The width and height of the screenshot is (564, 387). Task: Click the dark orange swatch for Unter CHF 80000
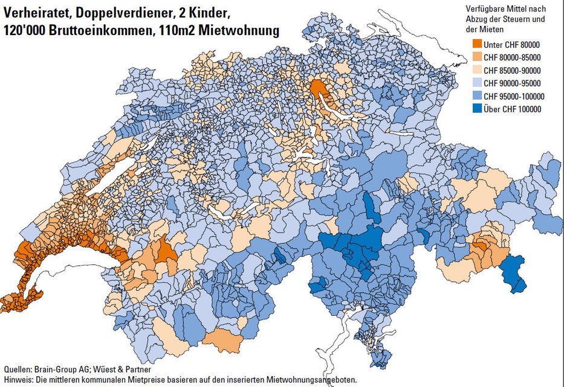click(473, 45)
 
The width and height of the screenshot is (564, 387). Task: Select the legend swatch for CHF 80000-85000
click(473, 57)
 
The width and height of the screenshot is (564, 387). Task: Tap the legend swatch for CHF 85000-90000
click(473, 70)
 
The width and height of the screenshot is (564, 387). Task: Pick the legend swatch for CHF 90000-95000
click(473, 83)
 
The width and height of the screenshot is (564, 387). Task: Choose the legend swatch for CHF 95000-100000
click(473, 96)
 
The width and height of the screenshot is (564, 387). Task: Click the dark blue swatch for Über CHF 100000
click(473, 109)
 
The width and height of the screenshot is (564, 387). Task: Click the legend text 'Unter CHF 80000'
click(512, 45)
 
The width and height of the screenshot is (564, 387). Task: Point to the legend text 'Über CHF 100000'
click(513, 109)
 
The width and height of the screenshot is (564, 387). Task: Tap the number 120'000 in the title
click(24, 31)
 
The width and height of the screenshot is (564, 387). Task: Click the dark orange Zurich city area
click(317, 88)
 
